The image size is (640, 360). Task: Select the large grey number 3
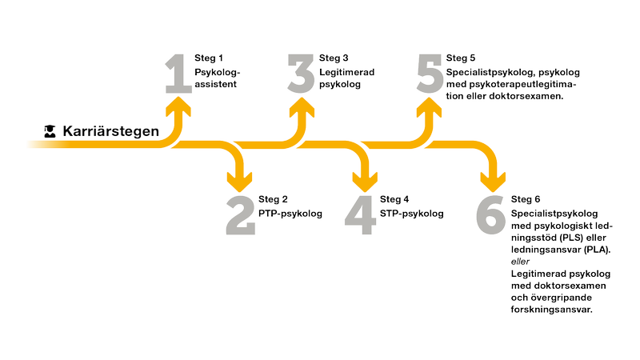tap(302, 74)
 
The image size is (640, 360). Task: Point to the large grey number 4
tap(362, 214)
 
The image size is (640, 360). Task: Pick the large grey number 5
tap(429, 74)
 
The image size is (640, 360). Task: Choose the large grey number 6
tap(490, 214)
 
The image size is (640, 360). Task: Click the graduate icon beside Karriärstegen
tap(50, 130)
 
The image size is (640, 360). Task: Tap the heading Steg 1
tap(208, 58)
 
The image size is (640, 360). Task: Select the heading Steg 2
tap(273, 199)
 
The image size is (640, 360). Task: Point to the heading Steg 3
tap(334, 58)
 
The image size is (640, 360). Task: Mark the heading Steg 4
tap(394, 199)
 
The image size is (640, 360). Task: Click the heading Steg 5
tap(461, 58)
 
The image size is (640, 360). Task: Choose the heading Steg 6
tap(526, 199)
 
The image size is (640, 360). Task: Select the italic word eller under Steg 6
tap(519, 261)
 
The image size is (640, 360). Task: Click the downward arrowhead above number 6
tap(490, 178)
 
